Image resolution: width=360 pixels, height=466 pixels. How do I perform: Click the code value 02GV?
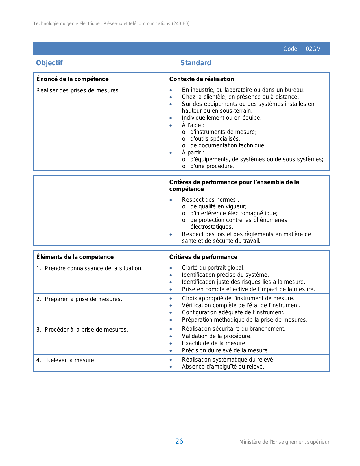pyautogui.click(x=313, y=49)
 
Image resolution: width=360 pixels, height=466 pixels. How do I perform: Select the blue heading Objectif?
pyautogui.click(x=49, y=63)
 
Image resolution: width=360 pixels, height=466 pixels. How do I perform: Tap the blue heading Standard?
pyautogui.click(x=196, y=63)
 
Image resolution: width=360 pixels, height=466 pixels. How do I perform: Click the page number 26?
pyautogui.click(x=179, y=441)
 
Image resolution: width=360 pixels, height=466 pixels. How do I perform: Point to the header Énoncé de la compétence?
pyautogui.click(x=73, y=79)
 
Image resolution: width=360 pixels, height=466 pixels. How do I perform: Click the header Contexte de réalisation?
pyautogui.click(x=202, y=79)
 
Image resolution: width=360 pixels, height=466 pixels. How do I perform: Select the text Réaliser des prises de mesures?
pyautogui.click(x=78, y=91)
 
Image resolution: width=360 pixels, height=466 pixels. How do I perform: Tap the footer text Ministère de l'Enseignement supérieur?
pyautogui.click(x=284, y=442)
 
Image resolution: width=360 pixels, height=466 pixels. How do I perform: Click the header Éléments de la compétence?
pyautogui.click(x=75, y=257)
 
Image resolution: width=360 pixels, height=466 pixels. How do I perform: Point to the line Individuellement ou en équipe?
pyautogui.click(x=222, y=118)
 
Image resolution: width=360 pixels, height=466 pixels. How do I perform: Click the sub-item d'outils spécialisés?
pyautogui.click(x=215, y=139)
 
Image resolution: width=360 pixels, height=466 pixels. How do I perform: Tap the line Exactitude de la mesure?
pyautogui.click(x=214, y=343)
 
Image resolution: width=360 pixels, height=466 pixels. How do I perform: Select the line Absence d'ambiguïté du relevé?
pyautogui.click(x=223, y=367)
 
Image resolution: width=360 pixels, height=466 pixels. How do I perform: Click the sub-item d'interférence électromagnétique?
pyautogui.click(x=234, y=213)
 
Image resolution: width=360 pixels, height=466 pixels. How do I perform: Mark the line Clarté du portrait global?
pyautogui.click(x=213, y=268)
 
